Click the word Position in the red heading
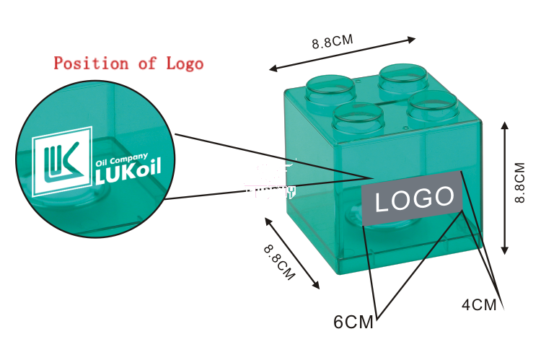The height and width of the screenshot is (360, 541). pyautogui.click(x=91, y=63)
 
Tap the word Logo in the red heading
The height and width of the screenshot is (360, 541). pyautogui.click(x=185, y=63)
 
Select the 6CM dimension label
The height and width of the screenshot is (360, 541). pyautogui.click(x=353, y=322)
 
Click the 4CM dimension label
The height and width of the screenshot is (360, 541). pyautogui.click(x=479, y=304)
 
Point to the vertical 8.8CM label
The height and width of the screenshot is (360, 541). pyautogui.click(x=519, y=183)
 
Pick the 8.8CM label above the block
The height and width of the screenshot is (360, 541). pyautogui.click(x=333, y=41)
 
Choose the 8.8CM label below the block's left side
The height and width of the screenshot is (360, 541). pyautogui.click(x=279, y=263)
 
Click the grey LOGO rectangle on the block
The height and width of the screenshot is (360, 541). pyautogui.click(x=412, y=198)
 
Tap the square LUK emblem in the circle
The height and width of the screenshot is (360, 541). pyautogui.click(x=62, y=162)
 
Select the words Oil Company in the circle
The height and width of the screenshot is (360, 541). pyautogui.click(x=121, y=159)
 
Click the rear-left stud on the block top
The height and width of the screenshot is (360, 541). pyautogui.click(x=330, y=89)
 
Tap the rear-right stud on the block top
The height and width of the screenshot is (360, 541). pyautogui.click(x=403, y=79)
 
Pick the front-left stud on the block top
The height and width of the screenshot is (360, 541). pyautogui.click(x=358, y=118)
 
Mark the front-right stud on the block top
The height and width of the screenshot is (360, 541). pyautogui.click(x=433, y=106)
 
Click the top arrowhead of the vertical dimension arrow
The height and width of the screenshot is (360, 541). pyautogui.click(x=505, y=126)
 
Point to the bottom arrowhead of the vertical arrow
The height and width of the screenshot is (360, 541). pyautogui.click(x=505, y=250)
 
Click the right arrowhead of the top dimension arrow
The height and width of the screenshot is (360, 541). pyautogui.click(x=411, y=40)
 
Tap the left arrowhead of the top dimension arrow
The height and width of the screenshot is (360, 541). pyautogui.click(x=273, y=69)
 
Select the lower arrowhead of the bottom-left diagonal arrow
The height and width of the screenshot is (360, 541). pyautogui.click(x=316, y=285)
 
